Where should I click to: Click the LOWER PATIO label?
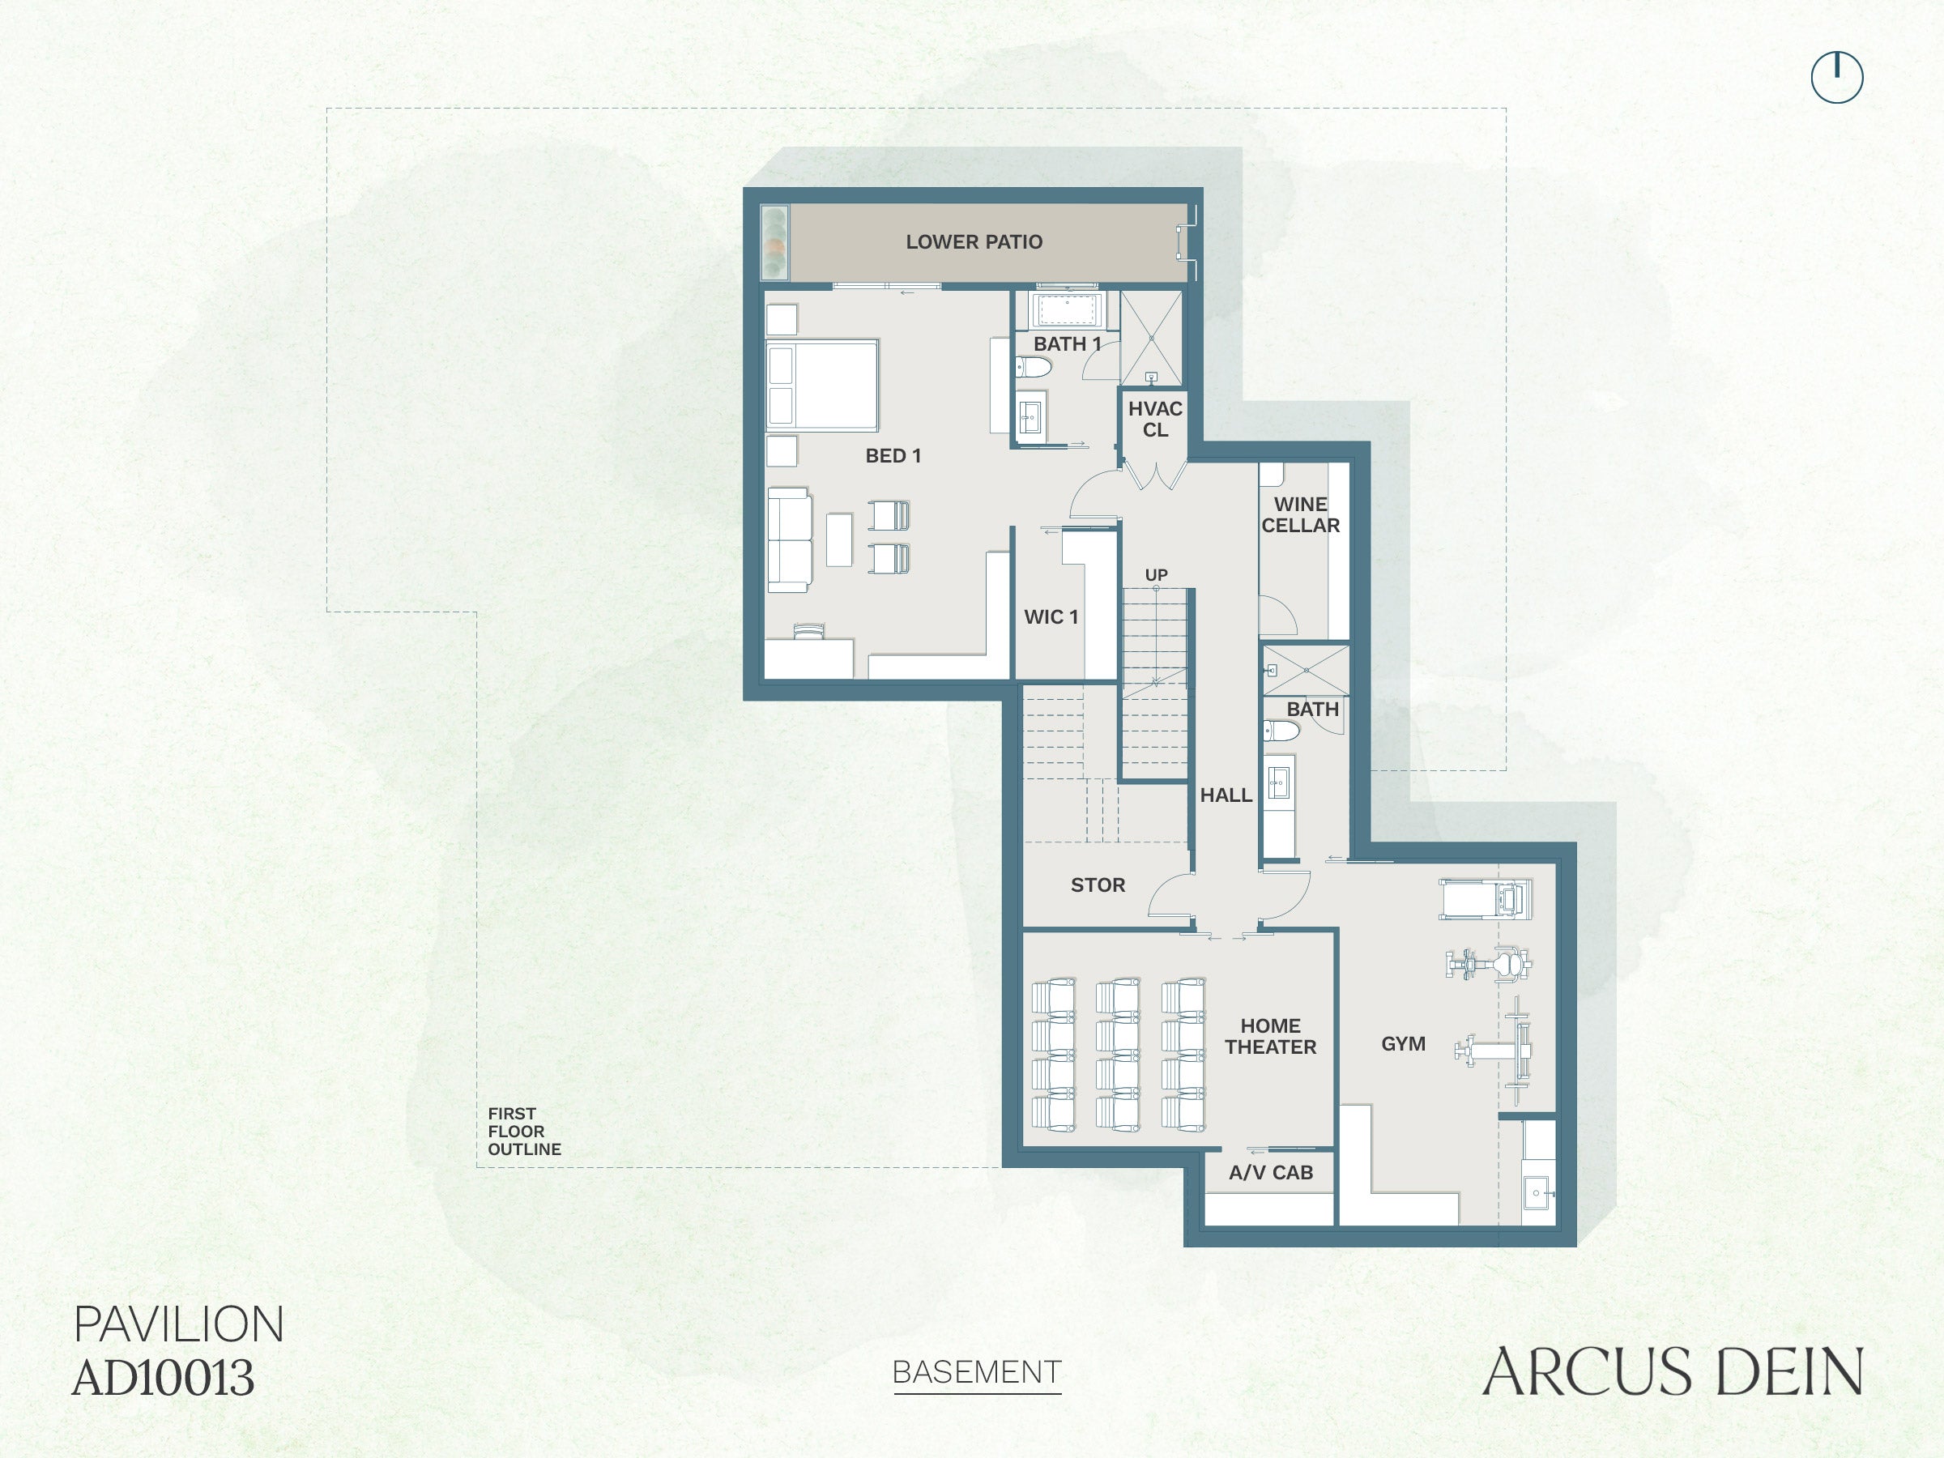(974, 241)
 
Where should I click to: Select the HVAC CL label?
(1155, 420)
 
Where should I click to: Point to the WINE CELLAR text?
(1301, 515)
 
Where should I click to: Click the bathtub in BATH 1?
(1066, 310)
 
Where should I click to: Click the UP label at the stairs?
(1156, 575)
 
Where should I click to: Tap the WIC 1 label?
(1051, 617)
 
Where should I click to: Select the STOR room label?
(1098, 885)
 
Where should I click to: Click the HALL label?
(1226, 795)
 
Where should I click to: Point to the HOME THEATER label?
(1271, 1036)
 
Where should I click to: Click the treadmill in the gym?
(1486, 899)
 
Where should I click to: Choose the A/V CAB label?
(1271, 1172)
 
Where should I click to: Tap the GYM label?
(1404, 1044)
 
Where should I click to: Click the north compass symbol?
(1837, 77)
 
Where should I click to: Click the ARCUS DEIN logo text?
(1673, 1372)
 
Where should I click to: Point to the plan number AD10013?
(164, 1378)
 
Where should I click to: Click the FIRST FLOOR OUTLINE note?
(525, 1131)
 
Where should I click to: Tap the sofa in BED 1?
(789, 539)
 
